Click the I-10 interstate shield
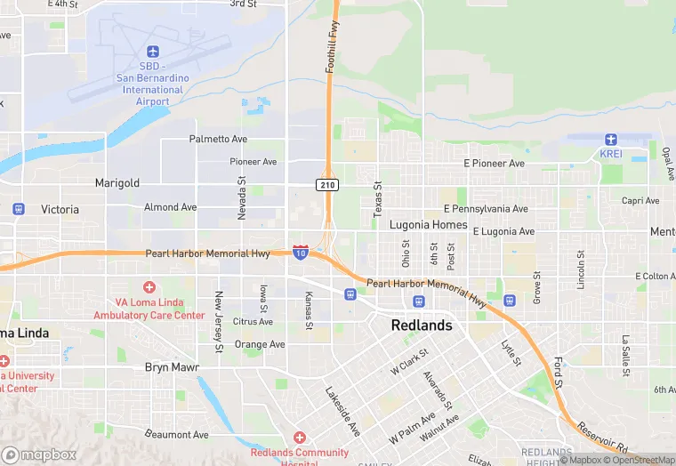click(x=301, y=253)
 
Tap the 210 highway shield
click(x=326, y=183)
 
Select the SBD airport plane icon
click(x=152, y=52)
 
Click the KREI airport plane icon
click(x=611, y=140)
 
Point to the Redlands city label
click(x=422, y=325)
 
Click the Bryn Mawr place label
click(x=172, y=367)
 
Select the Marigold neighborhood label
click(x=117, y=183)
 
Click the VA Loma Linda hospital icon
click(x=149, y=287)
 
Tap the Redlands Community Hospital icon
click(x=300, y=438)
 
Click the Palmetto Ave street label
click(x=218, y=140)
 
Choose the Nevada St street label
click(x=241, y=197)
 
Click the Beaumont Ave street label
click(x=178, y=435)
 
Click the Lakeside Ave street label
click(x=342, y=410)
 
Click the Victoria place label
click(x=60, y=210)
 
